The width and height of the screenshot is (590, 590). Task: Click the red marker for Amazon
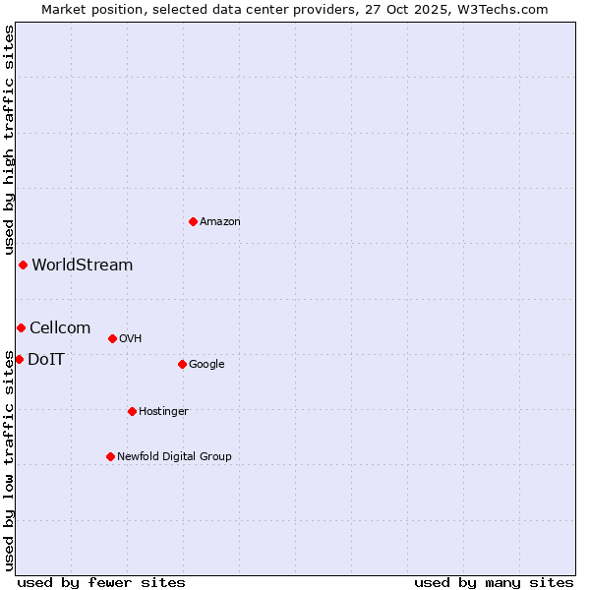(193, 221)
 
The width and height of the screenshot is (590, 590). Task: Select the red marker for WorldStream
(23, 265)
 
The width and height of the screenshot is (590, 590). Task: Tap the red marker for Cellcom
(21, 327)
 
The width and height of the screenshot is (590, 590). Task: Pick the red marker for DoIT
(19, 359)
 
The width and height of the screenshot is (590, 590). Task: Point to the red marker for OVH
(112, 338)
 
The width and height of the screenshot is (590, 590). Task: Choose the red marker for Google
(182, 364)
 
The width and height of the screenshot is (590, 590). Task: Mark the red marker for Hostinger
(132, 411)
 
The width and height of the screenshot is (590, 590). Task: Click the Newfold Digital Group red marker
(110, 456)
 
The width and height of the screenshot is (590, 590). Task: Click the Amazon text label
(220, 222)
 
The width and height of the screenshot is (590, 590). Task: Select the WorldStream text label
(83, 265)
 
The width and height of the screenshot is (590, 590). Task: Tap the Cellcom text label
(60, 327)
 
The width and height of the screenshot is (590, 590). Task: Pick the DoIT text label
(46, 359)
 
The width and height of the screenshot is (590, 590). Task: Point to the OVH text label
(131, 339)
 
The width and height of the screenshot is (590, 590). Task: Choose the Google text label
(206, 365)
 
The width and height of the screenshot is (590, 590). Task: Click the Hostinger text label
(163, 412)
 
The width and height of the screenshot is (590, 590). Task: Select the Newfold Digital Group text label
(174, 457)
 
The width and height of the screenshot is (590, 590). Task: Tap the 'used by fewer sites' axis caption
(101, 582)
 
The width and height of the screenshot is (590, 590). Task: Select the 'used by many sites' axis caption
(494, 582)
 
